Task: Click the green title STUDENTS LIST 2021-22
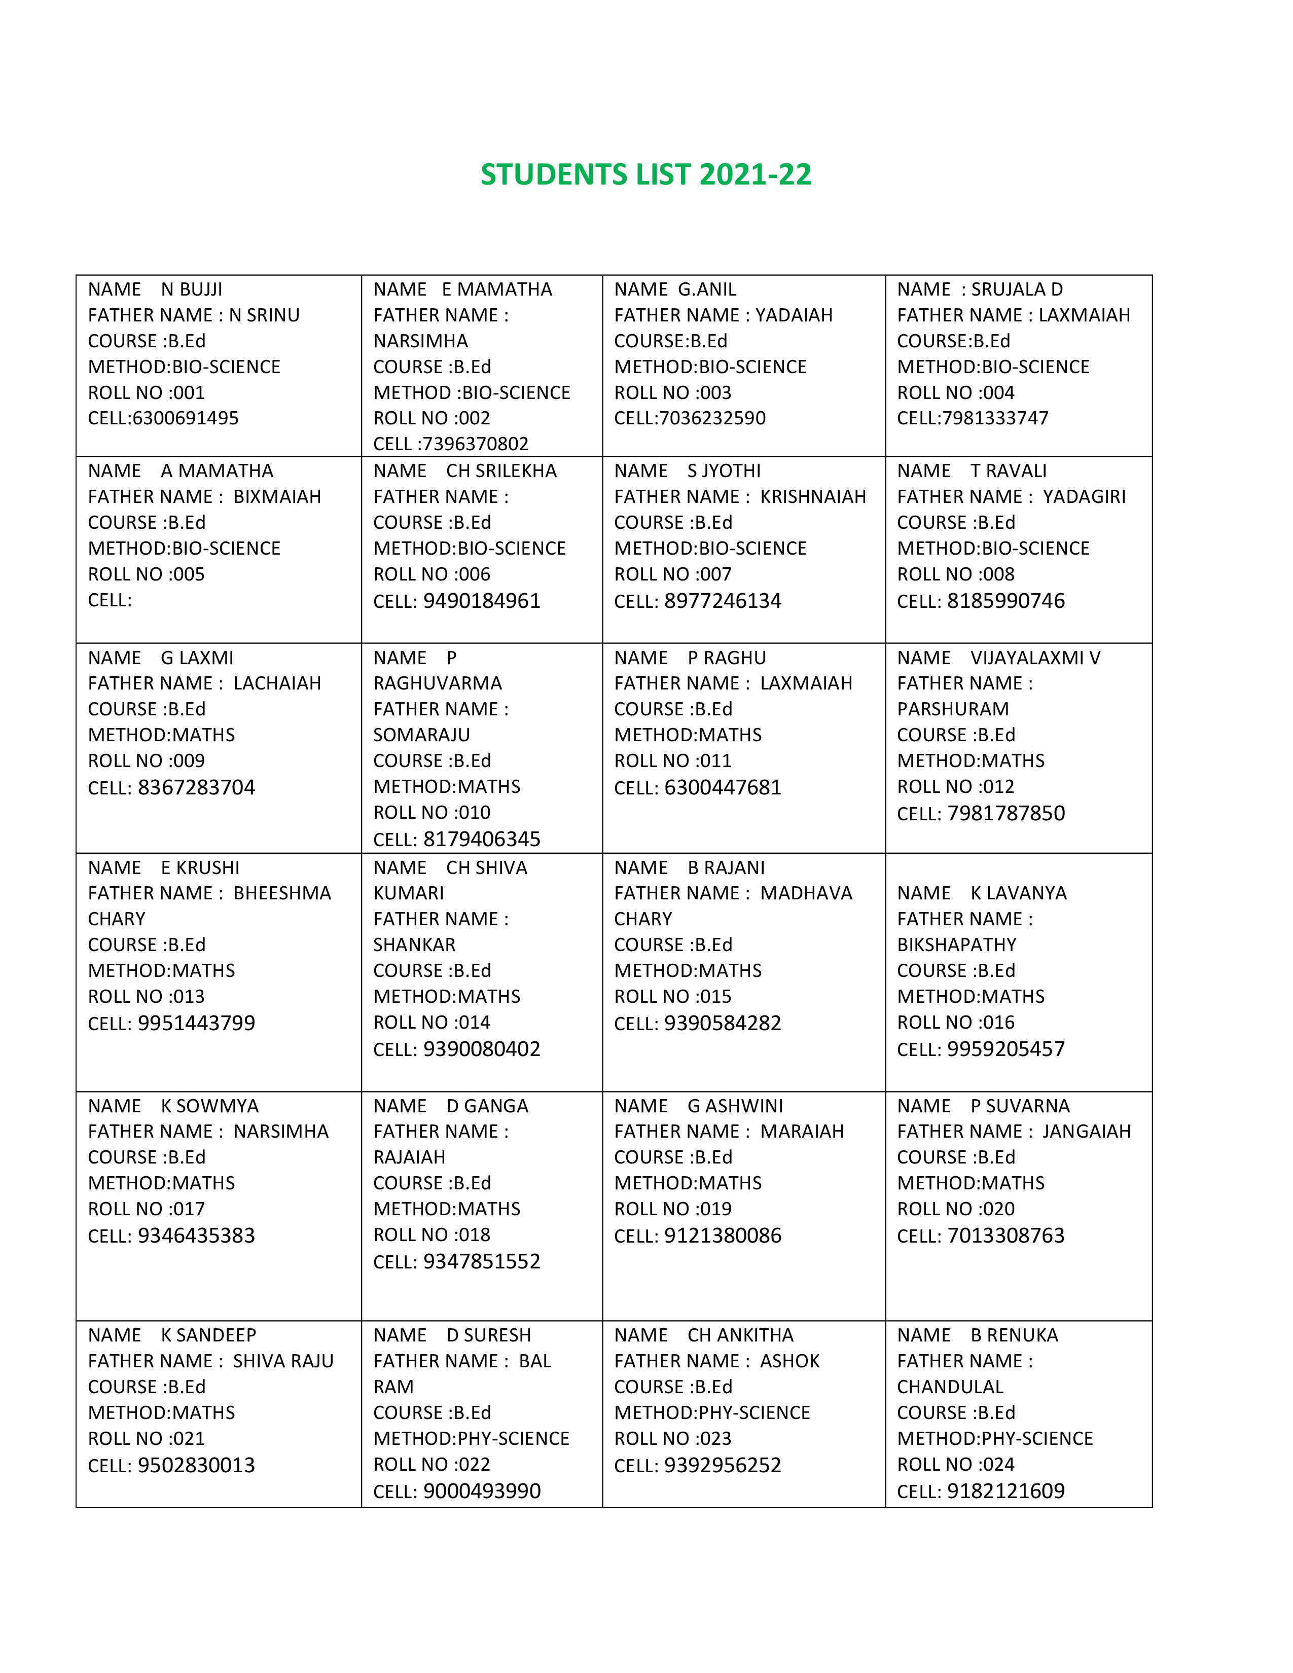coord(645,175)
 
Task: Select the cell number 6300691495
coord(186,418)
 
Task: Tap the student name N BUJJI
coord(192,289)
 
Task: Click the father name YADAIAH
coord(794,316)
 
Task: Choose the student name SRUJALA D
coord(1017,289)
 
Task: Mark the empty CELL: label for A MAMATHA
coord(110,600)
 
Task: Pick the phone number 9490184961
coord(482,601)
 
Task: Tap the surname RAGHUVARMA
coord(438,683)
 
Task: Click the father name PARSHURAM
coord(953,709)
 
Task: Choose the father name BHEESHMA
coord(282,893)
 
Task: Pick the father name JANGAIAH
coord(1086,1132)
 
